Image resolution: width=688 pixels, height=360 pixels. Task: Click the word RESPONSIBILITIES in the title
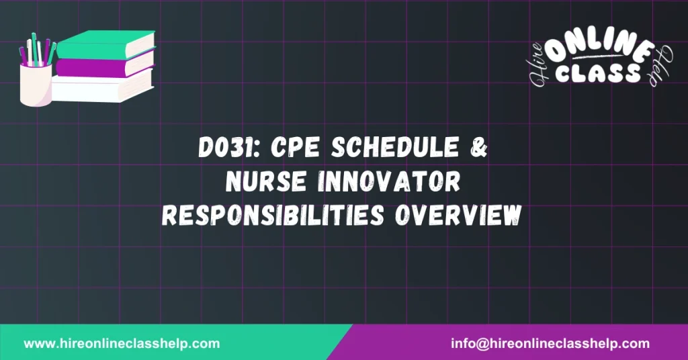coord(277,214)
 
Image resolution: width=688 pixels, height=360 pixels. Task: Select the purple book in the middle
coord(104,64)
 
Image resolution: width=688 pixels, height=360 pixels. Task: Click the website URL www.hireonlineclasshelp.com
coord(122,343)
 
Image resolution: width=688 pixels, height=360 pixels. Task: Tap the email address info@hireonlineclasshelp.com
coord(550,343)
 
